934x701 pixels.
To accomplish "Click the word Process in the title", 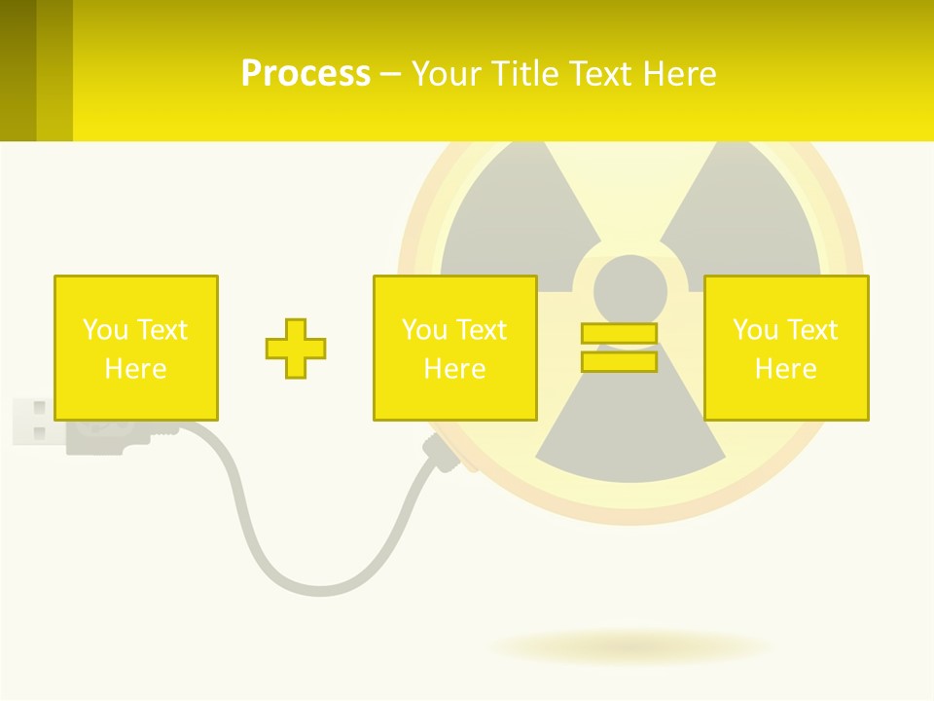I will point(305,74).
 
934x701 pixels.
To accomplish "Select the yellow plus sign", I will point(296,348).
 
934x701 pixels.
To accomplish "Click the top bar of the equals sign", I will point(619,333).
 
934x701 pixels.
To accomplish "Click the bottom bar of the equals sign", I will point(619,361).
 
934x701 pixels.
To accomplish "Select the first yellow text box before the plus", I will point(135,348).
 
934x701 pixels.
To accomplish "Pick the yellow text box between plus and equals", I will point(454,348).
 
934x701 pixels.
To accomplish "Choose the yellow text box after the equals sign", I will point(785,348).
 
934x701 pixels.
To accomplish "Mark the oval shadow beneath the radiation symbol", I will point(630,646).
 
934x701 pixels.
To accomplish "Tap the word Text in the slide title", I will point(602,74).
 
